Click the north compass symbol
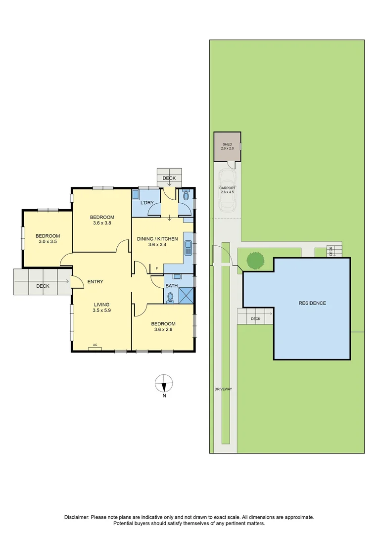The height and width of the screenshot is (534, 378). point(164,383)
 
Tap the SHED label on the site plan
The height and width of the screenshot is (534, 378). point(227,144)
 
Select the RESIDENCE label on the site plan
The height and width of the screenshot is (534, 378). point(312,303)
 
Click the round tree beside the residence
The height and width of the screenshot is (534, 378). point(255,260)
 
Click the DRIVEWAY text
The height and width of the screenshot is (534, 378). point(223,389)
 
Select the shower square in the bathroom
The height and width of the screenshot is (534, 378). point(187,296)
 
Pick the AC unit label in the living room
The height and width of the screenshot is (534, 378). point(95,346)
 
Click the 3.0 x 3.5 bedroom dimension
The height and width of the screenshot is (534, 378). point(49,242)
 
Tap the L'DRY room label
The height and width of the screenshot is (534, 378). point(147,203)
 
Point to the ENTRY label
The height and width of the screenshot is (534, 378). point(95,282)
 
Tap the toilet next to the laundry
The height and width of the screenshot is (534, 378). point(186,196)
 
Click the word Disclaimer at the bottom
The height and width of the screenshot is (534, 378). point(76,517)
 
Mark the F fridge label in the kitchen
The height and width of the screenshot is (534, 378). point(156,268)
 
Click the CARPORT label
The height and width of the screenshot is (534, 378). point(227,188)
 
